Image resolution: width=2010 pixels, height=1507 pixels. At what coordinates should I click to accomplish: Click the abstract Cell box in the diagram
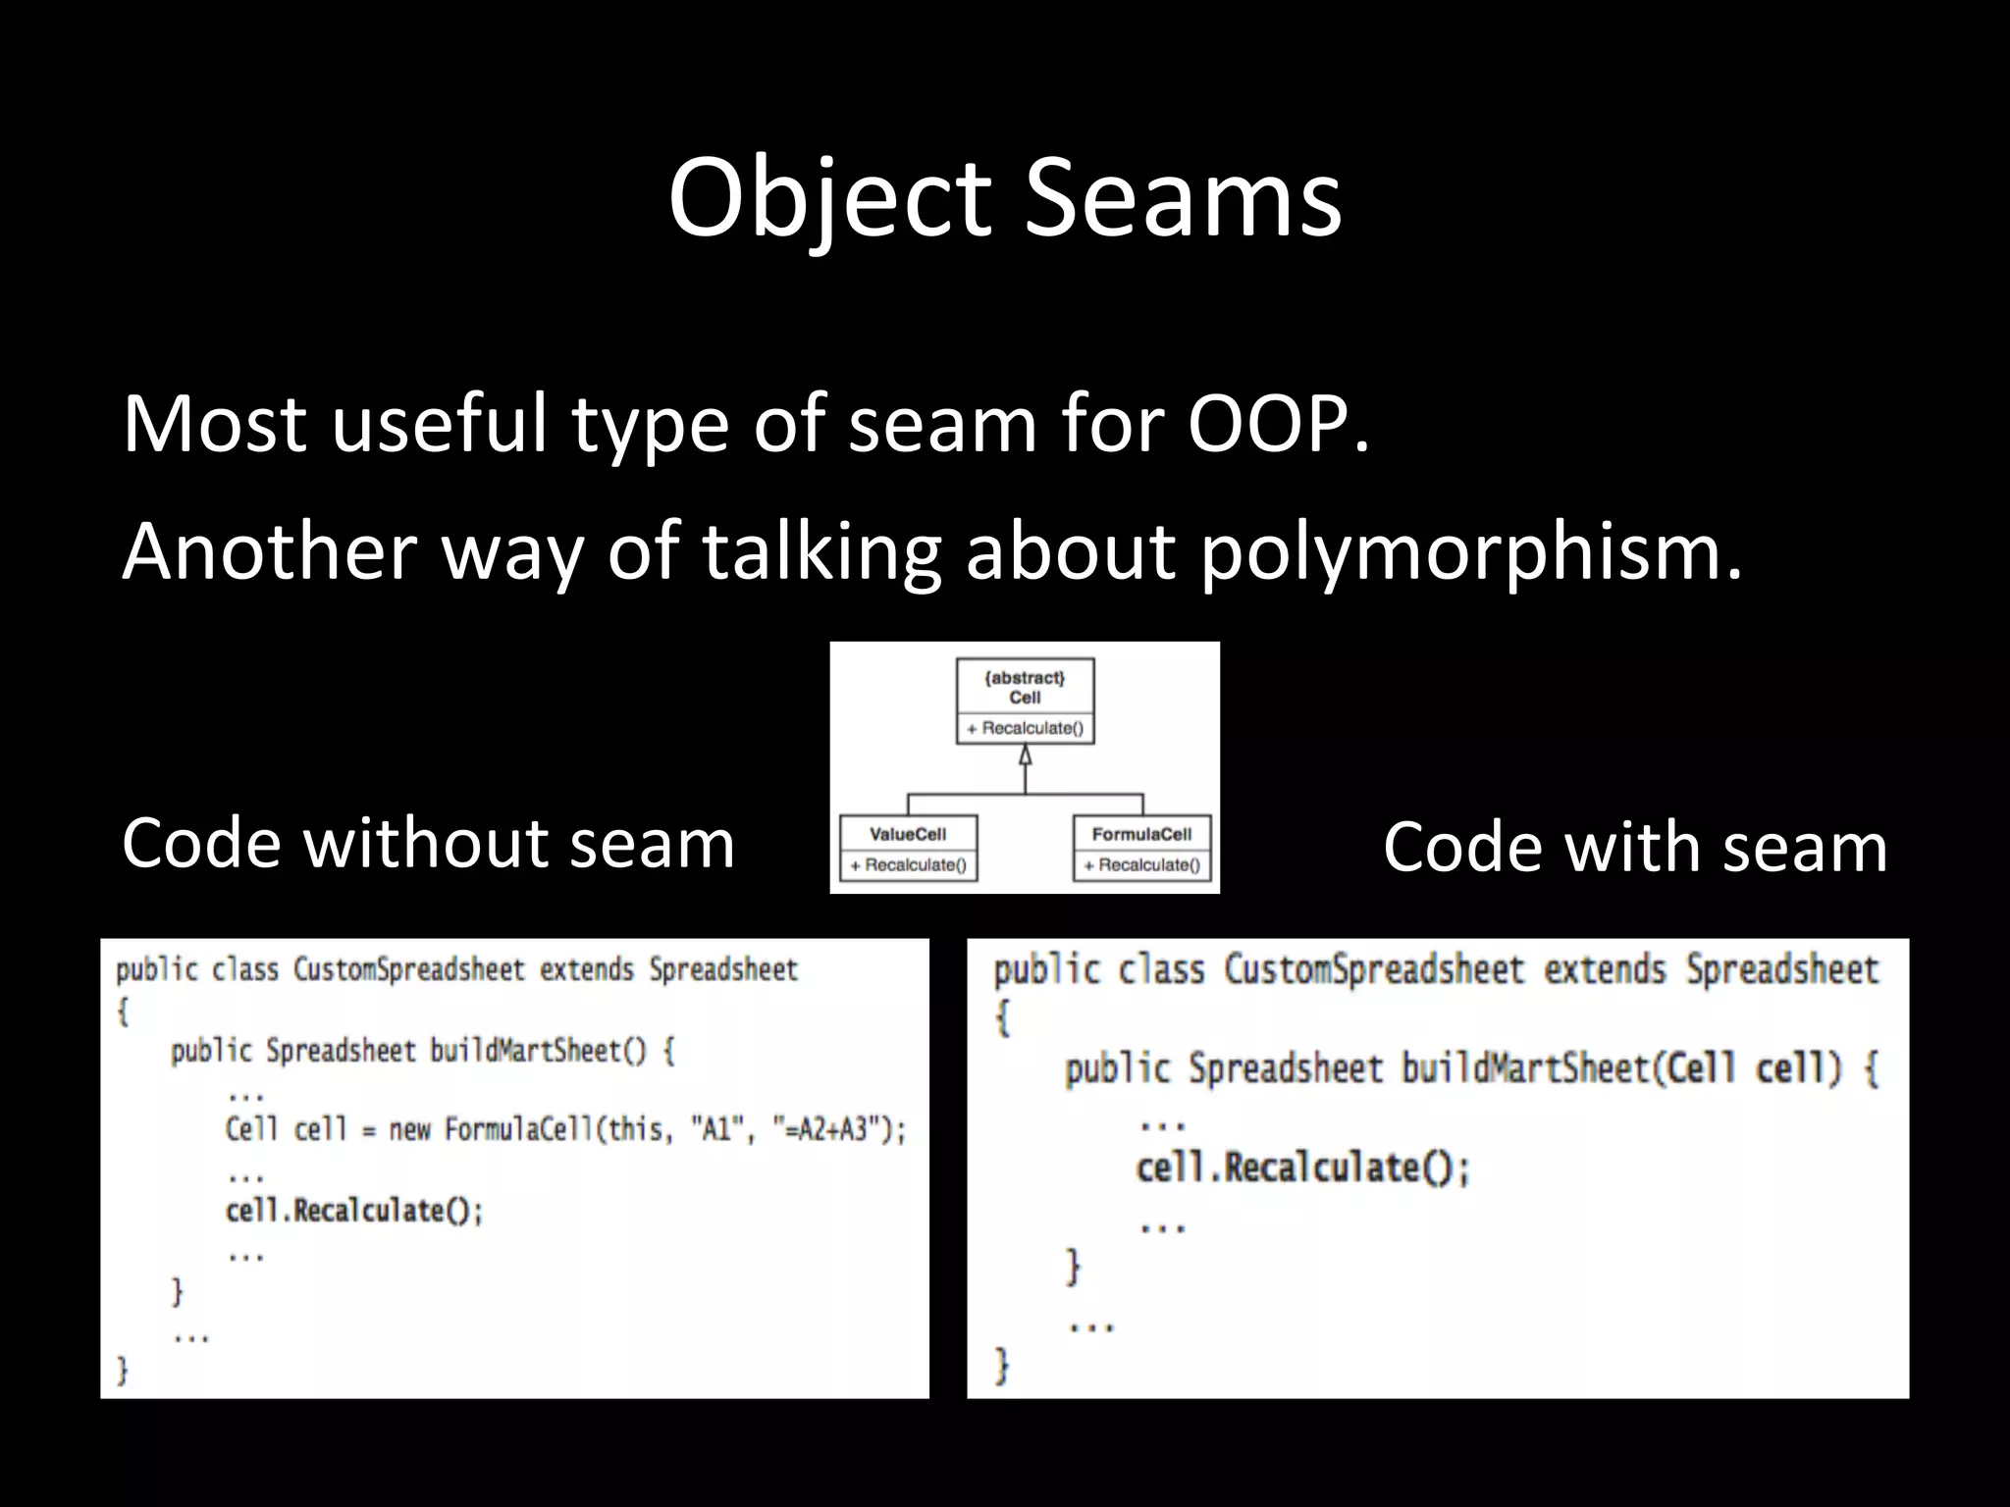(x=1025, y=701)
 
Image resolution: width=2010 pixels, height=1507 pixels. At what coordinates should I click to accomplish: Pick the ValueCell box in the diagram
(x=908, y=848)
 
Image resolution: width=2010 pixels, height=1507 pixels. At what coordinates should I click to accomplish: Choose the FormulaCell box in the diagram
(x=1141, y=848)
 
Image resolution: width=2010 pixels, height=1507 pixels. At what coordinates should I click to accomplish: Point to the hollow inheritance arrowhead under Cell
(x=1025, y=755)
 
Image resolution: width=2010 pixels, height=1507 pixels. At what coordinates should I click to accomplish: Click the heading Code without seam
(x=428, y=843)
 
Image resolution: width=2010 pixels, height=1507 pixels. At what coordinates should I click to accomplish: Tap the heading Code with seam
(x=1635, y=847)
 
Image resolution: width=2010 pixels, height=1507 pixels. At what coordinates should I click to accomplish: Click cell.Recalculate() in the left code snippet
(x=354, y=1211)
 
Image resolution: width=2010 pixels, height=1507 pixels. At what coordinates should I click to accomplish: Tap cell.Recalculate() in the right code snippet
(x=1302, y=1168)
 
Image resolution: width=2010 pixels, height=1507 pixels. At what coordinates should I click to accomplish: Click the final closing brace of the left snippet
(x=123, y=1370)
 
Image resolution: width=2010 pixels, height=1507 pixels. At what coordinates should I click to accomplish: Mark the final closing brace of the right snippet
(x=1001, y=1365)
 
